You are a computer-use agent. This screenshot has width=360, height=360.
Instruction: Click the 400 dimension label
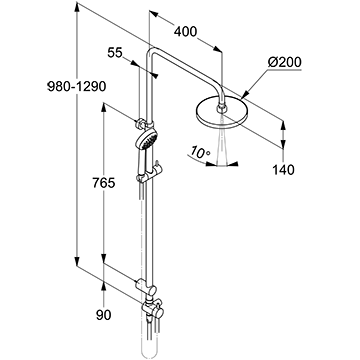(186, 32)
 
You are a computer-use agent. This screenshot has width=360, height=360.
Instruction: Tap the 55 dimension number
(115, 53)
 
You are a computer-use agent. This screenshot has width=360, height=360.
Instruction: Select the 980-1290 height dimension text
(77, 87)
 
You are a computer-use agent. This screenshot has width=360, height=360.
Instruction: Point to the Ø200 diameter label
(285, 62)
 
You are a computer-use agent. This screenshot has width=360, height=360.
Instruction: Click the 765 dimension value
(104, 183)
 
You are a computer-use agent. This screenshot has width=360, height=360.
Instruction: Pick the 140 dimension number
(284, 170)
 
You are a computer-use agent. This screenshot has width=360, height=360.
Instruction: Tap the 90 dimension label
(104, 315)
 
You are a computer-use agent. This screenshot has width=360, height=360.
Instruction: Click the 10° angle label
(200, 152)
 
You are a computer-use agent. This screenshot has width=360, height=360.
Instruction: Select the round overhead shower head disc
(220, 113)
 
